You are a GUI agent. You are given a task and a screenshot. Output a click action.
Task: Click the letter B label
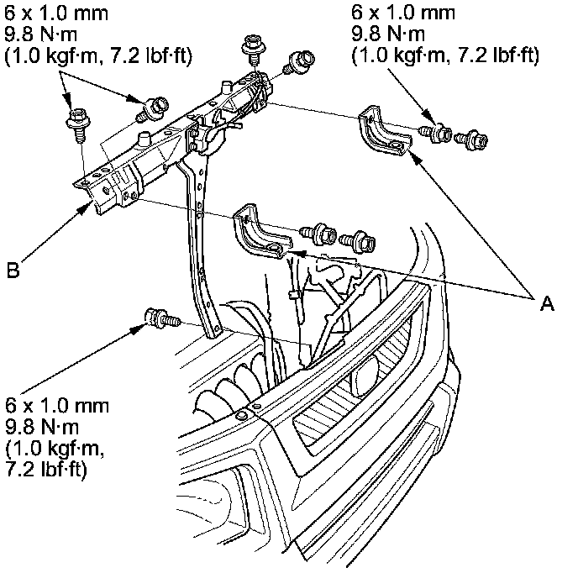coord(13,271)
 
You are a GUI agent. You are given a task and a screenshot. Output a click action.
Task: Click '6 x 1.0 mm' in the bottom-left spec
coord(57,406)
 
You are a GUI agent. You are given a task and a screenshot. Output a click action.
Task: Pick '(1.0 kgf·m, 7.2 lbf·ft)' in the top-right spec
coord(445,55)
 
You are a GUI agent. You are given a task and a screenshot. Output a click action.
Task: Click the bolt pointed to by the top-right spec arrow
coord(436,133)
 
